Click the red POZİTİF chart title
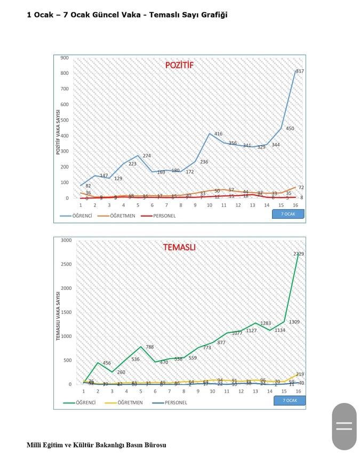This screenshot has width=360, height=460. click(179, 65)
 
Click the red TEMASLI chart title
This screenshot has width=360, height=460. click(179, 247)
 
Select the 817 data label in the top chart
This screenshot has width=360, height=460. click(300, 71)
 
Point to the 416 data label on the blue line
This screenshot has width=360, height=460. click(218, 134)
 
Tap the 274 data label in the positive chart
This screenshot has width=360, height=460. click(147, 156)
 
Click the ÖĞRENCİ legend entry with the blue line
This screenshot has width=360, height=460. click(76, 216)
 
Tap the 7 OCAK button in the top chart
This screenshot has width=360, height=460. click(288, 214)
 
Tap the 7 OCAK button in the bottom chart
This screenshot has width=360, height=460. click(290, 400)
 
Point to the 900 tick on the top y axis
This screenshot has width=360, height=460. click(65, 58)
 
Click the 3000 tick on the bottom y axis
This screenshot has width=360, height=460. click(66, 240)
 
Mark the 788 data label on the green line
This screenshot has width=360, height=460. click(150, 347)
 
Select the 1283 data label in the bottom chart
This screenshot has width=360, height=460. click(266, 323)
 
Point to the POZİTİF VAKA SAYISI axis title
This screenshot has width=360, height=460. click(58, 131)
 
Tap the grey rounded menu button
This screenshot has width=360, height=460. click(344, 426)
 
